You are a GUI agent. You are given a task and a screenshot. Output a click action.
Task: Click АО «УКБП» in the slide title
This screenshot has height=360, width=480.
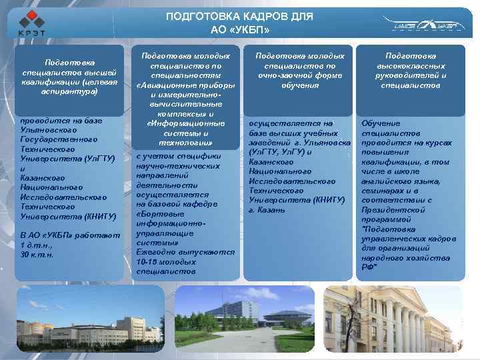(240, 31)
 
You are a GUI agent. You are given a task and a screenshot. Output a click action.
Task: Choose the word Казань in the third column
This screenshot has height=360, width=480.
(271, 209)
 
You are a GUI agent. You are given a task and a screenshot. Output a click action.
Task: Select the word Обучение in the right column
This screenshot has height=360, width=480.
(381, 124)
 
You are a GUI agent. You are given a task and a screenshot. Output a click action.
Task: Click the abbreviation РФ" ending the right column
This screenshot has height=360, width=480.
(369, 266)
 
